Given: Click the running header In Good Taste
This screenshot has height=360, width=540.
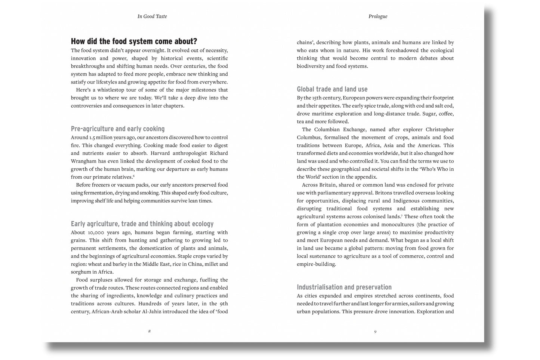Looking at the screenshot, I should [x=152, y=16].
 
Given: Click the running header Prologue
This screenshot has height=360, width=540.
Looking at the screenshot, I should [x=378, y=16].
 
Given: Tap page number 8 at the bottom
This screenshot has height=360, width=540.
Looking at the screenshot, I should [x=149, y=331].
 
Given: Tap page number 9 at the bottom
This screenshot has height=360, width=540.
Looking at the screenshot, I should [x=375, y=331].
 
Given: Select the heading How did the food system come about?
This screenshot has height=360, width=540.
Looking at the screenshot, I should [x=134, y=41].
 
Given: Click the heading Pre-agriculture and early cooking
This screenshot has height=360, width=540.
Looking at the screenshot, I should [x=118, y=129].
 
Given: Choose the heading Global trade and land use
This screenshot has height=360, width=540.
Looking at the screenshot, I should [x=332, y=89].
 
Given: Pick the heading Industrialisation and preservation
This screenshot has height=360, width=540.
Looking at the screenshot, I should [x=344, y=287].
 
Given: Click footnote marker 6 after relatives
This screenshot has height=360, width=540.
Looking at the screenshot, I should [x=134, y=176].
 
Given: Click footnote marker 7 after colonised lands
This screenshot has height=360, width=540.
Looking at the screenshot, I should [x=402, y=215].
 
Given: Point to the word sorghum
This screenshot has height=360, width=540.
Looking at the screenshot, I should [x=81, y=272].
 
